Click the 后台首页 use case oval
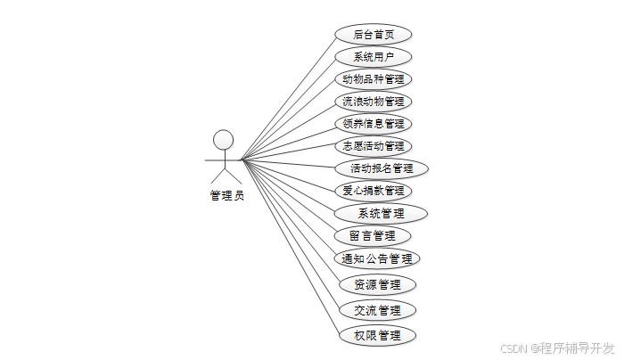(x=374, y=35)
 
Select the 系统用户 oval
(x=374, y=57)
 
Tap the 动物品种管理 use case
(x=374, y=79)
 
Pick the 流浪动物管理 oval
(x=374, y=102)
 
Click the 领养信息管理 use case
(x=374, y=124)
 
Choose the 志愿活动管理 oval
(x=374, y=146)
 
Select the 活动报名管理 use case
(x=382, y=168)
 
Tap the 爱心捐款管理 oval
(x=374, y=191)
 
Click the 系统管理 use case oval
(x=381, y=214)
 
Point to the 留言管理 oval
(x=374, y=236)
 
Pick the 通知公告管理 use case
(x=378, y=259)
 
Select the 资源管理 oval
(x=378, y=285)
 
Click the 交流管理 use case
(x=378, y=311)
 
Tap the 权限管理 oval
(x=378, y=336)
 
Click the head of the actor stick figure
(x=223, y=139)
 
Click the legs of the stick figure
(x=224, y=176)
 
